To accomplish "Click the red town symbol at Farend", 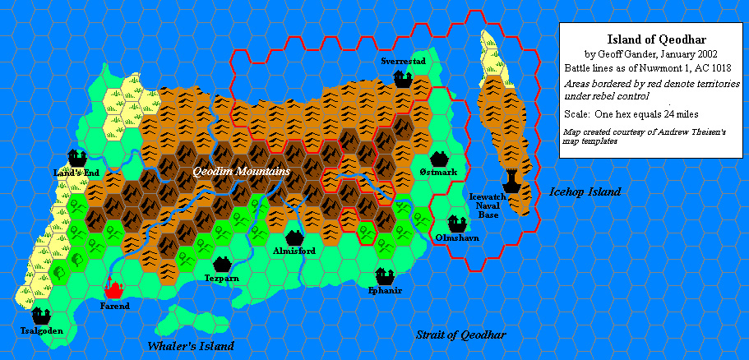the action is click(113, 289).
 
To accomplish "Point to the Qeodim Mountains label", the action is click(241, 172).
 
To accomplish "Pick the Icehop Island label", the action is click(585, 192).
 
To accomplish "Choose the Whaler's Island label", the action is click(191, 346).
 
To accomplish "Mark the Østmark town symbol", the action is click(437, 158).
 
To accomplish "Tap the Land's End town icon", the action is click(78, 156).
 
